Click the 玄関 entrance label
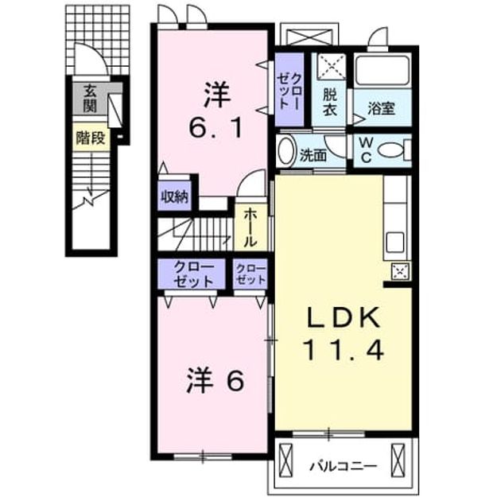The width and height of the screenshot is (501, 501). tap(91, 99)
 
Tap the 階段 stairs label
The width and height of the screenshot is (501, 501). tap(91, 138)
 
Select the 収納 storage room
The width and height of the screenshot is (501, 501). tap(174, 196)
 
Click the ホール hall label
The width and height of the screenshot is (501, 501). tap(250, 227)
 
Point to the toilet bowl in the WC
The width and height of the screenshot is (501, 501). tap(394, 150)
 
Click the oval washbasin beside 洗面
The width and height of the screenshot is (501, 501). tap(286, 151)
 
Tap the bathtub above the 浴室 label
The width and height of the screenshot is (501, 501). tap(383, 70)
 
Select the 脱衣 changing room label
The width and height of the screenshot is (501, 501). tap(329, 102)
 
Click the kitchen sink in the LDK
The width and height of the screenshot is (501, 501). tap(395, 242)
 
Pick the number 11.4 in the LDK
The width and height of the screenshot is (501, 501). tap(344, 351)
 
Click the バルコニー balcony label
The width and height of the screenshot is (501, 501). tap(344, 467)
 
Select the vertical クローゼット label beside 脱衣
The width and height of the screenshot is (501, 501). tap(289, 90)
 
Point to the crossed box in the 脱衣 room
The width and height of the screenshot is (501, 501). tap(333, 67)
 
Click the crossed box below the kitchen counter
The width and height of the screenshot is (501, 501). tap(400, 271)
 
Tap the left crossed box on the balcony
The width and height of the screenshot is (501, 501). tap(285, 460)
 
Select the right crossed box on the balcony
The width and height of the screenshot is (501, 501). tap(398, 460)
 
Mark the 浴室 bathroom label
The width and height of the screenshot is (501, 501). tap(382, 108)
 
